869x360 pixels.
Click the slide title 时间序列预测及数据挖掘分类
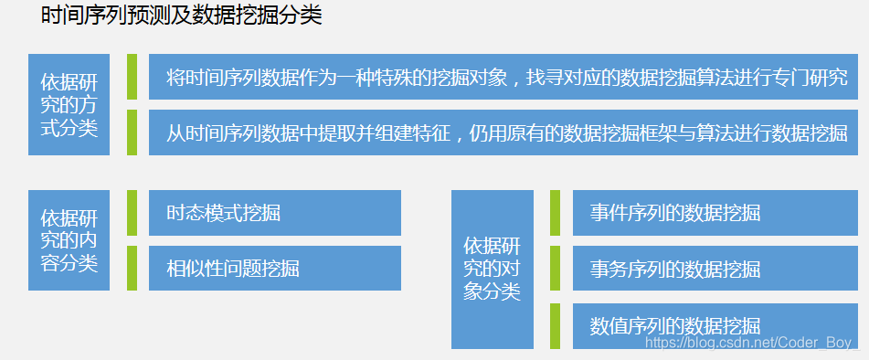pos(182,16)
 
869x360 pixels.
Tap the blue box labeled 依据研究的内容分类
pos(69,240)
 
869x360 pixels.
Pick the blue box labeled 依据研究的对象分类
pos(492,269)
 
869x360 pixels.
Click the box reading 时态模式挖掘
pos(274,213)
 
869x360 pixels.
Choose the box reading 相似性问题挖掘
pos(274,269)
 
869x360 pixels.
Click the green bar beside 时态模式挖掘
pos(132,213)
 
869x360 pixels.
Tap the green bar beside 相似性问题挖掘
pos(132,269)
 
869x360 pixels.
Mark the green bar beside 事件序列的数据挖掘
pos(556,213)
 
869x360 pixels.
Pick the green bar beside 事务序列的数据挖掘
pos(556,269)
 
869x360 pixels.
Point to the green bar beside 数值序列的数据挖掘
pos(556,325)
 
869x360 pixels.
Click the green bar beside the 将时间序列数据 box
pos(132,77)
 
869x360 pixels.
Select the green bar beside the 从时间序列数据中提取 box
pos(132,132)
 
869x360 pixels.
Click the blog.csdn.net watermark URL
pos(750,342)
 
